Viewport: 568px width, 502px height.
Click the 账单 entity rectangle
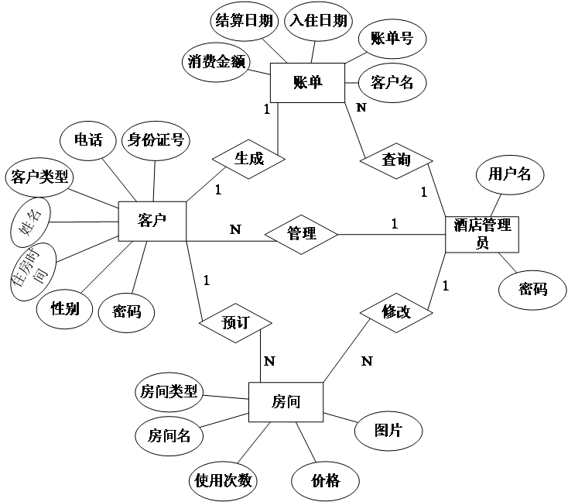tap(307, 83)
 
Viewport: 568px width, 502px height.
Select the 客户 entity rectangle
tap(153, 221)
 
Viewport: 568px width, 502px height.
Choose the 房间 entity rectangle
tap(286, 402)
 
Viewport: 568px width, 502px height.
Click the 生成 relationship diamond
tap(248, 159)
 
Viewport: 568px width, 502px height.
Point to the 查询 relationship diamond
tap(396, 160)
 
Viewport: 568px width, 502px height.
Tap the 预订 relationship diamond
tap(234, 321)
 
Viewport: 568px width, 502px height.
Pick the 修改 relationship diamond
tap(396, 312)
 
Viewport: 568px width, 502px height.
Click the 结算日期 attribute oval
tap(244, 21)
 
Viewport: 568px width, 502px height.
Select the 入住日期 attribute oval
tap(317, 21)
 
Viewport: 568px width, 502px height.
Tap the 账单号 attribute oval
tap(392, 38)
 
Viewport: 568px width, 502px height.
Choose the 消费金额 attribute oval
tap(217, 62)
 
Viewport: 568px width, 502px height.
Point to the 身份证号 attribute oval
tap(156, 140)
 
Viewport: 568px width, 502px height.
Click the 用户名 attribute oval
tap(509, 174)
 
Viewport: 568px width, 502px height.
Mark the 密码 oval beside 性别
tap(126, 311)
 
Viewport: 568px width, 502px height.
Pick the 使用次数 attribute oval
tap(224, 480)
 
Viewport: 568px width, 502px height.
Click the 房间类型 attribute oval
tap(168, 392)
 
